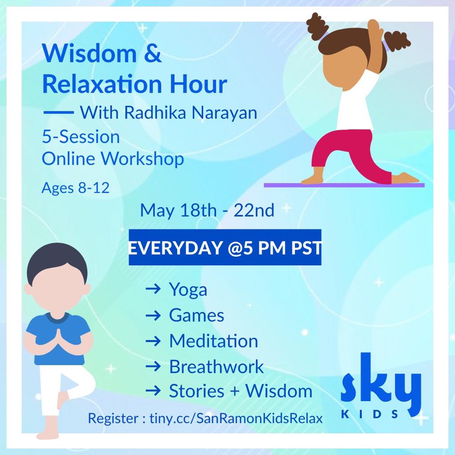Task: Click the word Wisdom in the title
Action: point(89,53)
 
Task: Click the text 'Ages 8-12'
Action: point(76,188)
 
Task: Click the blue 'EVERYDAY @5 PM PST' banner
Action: point(225,247)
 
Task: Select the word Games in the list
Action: point(196,315)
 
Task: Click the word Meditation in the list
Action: point(214,341)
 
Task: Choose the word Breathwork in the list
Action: point(216,367)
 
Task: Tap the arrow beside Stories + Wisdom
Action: point(153,391)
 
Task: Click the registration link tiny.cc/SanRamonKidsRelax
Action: point(236,419)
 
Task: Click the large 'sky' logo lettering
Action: point(381,383)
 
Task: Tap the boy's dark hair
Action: point(57,263)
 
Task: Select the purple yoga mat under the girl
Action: point(344,185)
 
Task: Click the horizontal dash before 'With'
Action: point(59,112)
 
